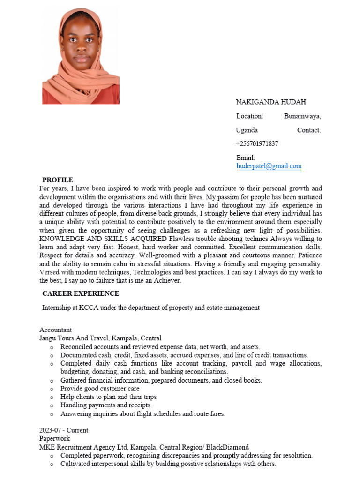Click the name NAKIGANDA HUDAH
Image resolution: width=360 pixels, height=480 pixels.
(271, 102)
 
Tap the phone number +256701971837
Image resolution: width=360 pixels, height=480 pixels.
(257, 144)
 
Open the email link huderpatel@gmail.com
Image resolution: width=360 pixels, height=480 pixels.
(269, 166)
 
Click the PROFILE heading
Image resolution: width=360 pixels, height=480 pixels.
(58, 180)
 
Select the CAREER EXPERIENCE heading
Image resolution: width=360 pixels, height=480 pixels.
(81, 293)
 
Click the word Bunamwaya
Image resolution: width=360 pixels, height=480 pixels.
(302, 116)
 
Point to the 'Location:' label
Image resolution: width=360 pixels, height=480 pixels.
(249, 116)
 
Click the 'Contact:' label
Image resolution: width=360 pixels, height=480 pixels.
(309, 130)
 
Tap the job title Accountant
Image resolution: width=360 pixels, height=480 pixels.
(56, 330)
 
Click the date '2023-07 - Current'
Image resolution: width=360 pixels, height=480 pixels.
(64, 430)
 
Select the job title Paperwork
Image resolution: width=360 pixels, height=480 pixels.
(54, 439)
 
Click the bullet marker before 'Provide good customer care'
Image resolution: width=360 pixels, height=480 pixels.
(51, 389)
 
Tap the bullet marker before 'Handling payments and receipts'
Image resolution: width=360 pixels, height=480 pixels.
(51, 405)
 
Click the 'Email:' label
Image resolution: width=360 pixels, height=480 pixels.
(246, 158)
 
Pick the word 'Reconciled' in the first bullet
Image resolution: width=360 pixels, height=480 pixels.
(76, 347)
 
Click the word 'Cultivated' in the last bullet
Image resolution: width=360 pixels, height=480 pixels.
(76, 464)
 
